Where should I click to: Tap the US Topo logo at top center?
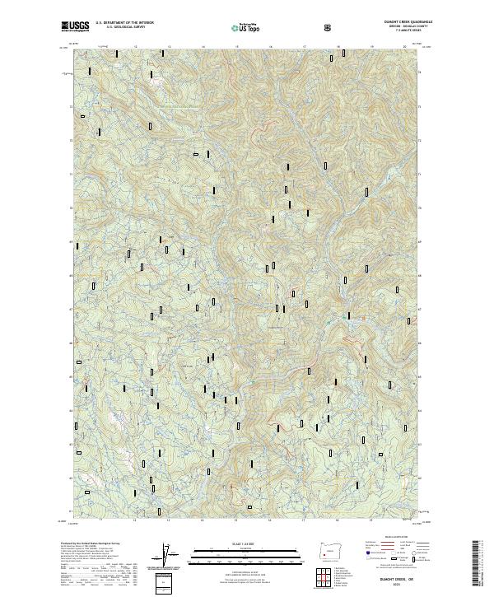tap(246, 27)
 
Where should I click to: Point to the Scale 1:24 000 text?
tap(235, 543)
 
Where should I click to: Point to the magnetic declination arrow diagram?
tap(171, 556)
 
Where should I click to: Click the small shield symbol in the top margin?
tap(329, 27)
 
